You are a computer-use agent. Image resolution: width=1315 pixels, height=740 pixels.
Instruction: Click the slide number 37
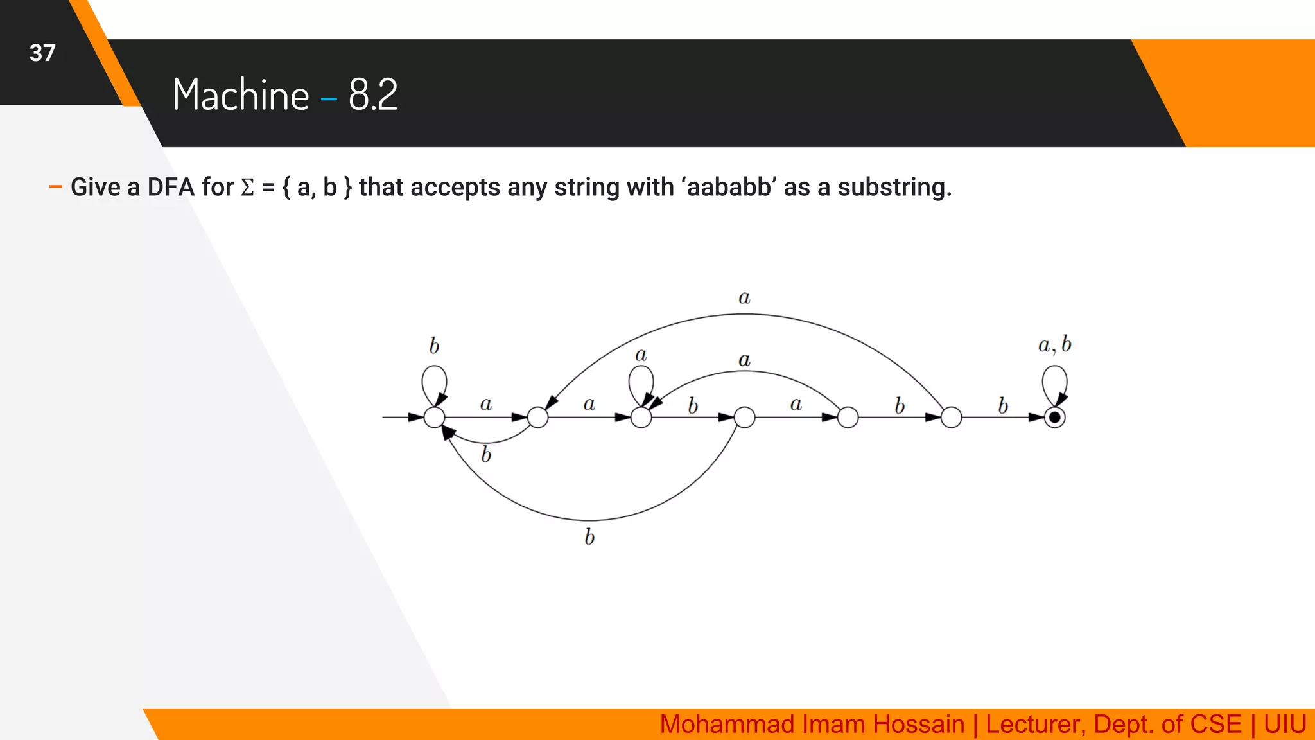coord(42,53)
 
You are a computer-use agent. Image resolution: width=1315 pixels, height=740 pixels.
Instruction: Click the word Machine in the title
coord(241,95)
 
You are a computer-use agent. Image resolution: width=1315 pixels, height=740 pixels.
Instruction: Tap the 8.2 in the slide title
coord(373,95)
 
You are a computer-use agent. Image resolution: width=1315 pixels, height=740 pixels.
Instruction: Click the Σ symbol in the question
coord(247,188)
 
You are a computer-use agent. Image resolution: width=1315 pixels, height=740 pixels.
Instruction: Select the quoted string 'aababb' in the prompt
coord(729,188)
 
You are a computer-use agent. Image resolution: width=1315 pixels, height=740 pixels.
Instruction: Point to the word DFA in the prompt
coord(171,188)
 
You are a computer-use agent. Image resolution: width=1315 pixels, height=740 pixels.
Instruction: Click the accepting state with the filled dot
coord(1054,418)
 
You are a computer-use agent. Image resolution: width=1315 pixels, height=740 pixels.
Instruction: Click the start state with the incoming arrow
coord(435,418)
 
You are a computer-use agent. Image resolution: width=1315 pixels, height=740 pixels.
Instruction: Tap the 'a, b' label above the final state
coord(1054,345)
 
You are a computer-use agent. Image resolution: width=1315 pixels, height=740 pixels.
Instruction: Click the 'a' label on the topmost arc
coord(744,297)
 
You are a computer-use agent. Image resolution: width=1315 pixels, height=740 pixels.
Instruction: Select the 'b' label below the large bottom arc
coord(589,537)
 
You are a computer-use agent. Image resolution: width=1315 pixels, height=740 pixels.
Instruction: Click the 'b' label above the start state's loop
coord(435,346)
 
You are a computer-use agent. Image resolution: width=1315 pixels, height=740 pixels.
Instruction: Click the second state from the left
coord(538,418)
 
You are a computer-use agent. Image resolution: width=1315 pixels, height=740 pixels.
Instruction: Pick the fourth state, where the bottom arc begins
coord(744,418)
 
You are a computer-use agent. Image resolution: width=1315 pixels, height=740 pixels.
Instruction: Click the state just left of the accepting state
coord(951,418)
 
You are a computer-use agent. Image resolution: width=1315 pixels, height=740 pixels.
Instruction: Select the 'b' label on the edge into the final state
coord(1003,406)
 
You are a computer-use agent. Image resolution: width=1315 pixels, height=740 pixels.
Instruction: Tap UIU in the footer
coord(1285,725)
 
